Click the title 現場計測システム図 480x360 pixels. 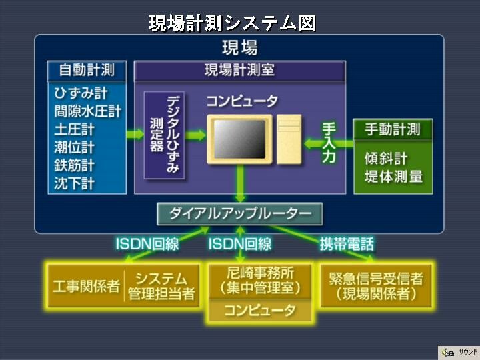232,23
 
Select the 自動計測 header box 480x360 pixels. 87,71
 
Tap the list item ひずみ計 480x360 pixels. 81,93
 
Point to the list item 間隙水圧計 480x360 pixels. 88,111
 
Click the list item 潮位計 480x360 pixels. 74,147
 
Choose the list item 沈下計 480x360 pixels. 74,183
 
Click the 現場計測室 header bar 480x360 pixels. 240,71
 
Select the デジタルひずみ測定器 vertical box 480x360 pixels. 165,135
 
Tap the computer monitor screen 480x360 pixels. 239,139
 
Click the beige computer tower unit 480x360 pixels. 289,139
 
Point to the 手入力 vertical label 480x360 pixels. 329,142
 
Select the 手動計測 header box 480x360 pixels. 393,129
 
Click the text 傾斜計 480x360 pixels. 386,158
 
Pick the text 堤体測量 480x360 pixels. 393,176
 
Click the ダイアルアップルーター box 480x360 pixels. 240,214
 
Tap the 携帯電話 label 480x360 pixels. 347,244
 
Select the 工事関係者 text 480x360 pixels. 86,286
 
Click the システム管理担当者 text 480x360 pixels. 161,286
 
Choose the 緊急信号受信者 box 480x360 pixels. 376,286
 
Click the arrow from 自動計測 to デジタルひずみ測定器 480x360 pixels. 135,134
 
